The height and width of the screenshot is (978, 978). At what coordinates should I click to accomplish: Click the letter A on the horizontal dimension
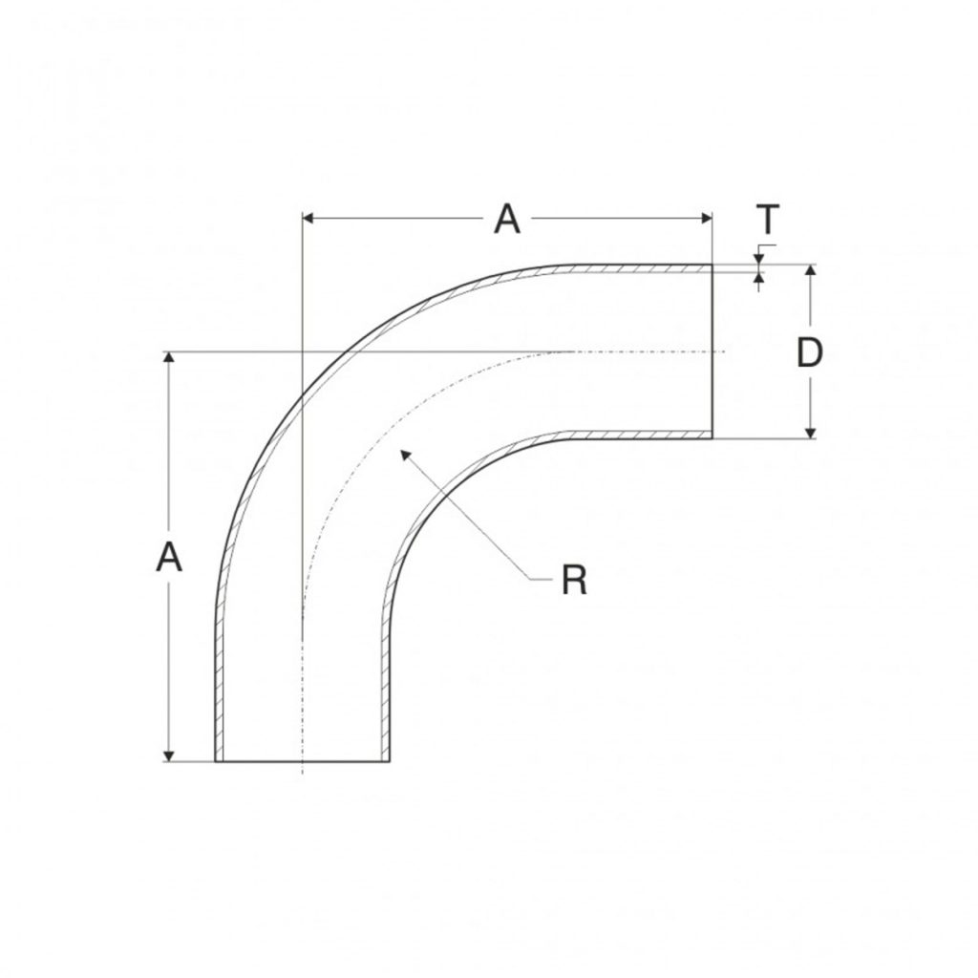pos(506,220)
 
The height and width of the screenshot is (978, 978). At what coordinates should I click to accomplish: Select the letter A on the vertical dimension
pos(169,557)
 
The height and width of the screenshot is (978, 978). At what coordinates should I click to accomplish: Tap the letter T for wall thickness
pos(769,221)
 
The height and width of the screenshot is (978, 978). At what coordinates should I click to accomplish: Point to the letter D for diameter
pos(810,353)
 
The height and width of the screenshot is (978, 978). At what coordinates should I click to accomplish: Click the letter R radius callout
pos(573,580)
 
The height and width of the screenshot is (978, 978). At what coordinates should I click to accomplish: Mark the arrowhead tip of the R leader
pos(402,451)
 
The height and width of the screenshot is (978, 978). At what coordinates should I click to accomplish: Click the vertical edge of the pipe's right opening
pos(712,351)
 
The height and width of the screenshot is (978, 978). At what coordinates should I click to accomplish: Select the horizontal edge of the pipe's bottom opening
pos(302,761)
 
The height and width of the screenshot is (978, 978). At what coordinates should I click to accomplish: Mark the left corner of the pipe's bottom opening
pos(216,761)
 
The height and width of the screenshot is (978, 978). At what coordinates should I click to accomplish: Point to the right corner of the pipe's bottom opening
pos(390,761)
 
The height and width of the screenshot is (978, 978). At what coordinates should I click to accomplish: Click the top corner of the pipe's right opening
pos(712,266)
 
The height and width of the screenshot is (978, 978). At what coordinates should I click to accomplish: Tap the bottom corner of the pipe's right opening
pos(712,438)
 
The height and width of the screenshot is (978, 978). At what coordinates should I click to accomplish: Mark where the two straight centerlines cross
pos(302,352)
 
